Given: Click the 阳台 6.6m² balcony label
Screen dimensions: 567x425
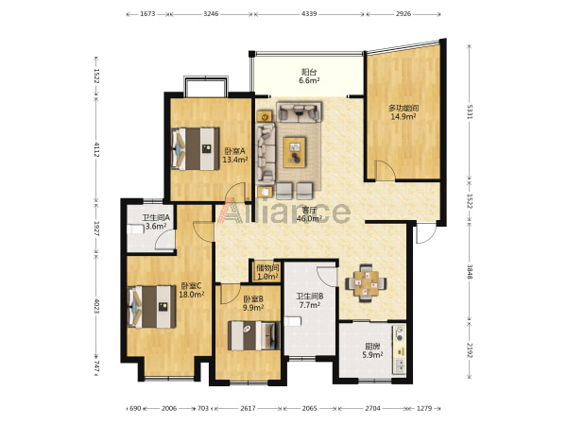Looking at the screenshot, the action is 309,76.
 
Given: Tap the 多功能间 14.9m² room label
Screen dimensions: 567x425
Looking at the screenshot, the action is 404,112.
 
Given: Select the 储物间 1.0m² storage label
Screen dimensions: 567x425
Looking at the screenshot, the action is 267,273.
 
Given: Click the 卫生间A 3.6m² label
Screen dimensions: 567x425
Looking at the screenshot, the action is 156,222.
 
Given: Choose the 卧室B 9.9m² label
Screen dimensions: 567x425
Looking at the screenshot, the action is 253,303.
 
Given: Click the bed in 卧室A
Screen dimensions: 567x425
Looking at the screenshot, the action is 196,148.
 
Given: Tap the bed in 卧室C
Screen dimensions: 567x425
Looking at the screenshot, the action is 152,307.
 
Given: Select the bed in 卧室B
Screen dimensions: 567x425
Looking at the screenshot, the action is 254,335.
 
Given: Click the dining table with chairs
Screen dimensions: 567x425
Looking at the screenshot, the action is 366,283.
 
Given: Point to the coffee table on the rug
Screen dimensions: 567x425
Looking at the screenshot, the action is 294,152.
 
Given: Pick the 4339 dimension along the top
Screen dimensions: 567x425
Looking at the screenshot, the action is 309,14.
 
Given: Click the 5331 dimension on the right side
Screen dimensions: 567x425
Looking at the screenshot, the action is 470,112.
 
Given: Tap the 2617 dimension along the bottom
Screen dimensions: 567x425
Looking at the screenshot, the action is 248,408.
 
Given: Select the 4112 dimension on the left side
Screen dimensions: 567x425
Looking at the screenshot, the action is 96,149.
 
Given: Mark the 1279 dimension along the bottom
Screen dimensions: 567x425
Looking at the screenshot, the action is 424,408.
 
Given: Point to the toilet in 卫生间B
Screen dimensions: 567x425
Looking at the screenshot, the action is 293,321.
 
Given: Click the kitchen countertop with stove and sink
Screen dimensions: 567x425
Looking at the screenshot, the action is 399,349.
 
